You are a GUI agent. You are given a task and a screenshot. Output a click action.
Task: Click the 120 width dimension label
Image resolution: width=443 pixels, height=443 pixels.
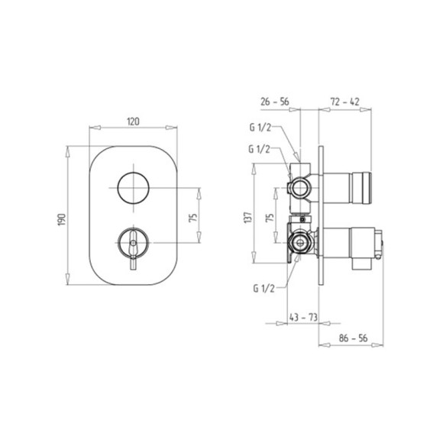pyautogui.click(x=133, y=121)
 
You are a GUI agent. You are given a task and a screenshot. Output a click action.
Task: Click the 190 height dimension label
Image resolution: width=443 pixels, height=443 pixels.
pyautogui.click(x=62, y=219)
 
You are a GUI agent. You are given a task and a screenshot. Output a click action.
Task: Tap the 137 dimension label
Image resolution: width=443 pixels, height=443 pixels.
pyautogui.click(x=247, y=218)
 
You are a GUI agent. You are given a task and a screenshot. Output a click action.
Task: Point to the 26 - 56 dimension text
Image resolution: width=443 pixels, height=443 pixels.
pyautogui.click(x=275, y=102)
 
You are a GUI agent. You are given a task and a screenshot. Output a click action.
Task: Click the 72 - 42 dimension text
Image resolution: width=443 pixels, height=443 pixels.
pyautogui.click(x=345, y=102)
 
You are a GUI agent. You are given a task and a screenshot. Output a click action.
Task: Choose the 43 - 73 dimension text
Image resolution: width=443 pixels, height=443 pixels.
pyautogui.click(x=303, y=317)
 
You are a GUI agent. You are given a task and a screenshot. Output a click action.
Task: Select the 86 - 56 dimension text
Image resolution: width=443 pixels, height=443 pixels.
pyautogui.click(x=353, y=338)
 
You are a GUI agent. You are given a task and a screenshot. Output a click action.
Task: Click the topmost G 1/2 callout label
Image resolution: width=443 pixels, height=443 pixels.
pyautogui.click(x=260, y=128)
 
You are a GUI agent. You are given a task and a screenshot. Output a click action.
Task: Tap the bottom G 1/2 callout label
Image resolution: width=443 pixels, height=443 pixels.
pyautogui.click(x=264, y=289)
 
